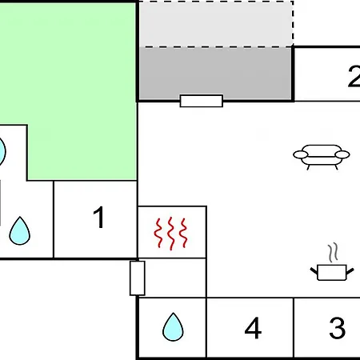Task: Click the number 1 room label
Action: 99,218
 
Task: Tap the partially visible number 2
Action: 354,76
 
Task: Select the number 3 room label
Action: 338,328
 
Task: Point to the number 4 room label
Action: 253,328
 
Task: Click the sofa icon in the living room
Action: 322,157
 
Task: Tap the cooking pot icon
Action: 332,272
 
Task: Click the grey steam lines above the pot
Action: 333,252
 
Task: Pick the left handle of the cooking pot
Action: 314,271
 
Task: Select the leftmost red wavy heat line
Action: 158,233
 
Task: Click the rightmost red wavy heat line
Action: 183,233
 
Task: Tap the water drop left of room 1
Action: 20,231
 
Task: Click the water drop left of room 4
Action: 173,327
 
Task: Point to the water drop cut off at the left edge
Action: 2,151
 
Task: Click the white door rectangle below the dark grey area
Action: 202,101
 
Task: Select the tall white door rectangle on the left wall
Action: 138,278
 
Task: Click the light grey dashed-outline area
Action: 216,24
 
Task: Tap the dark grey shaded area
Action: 215,74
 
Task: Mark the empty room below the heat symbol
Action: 172,278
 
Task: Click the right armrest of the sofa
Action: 342,154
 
